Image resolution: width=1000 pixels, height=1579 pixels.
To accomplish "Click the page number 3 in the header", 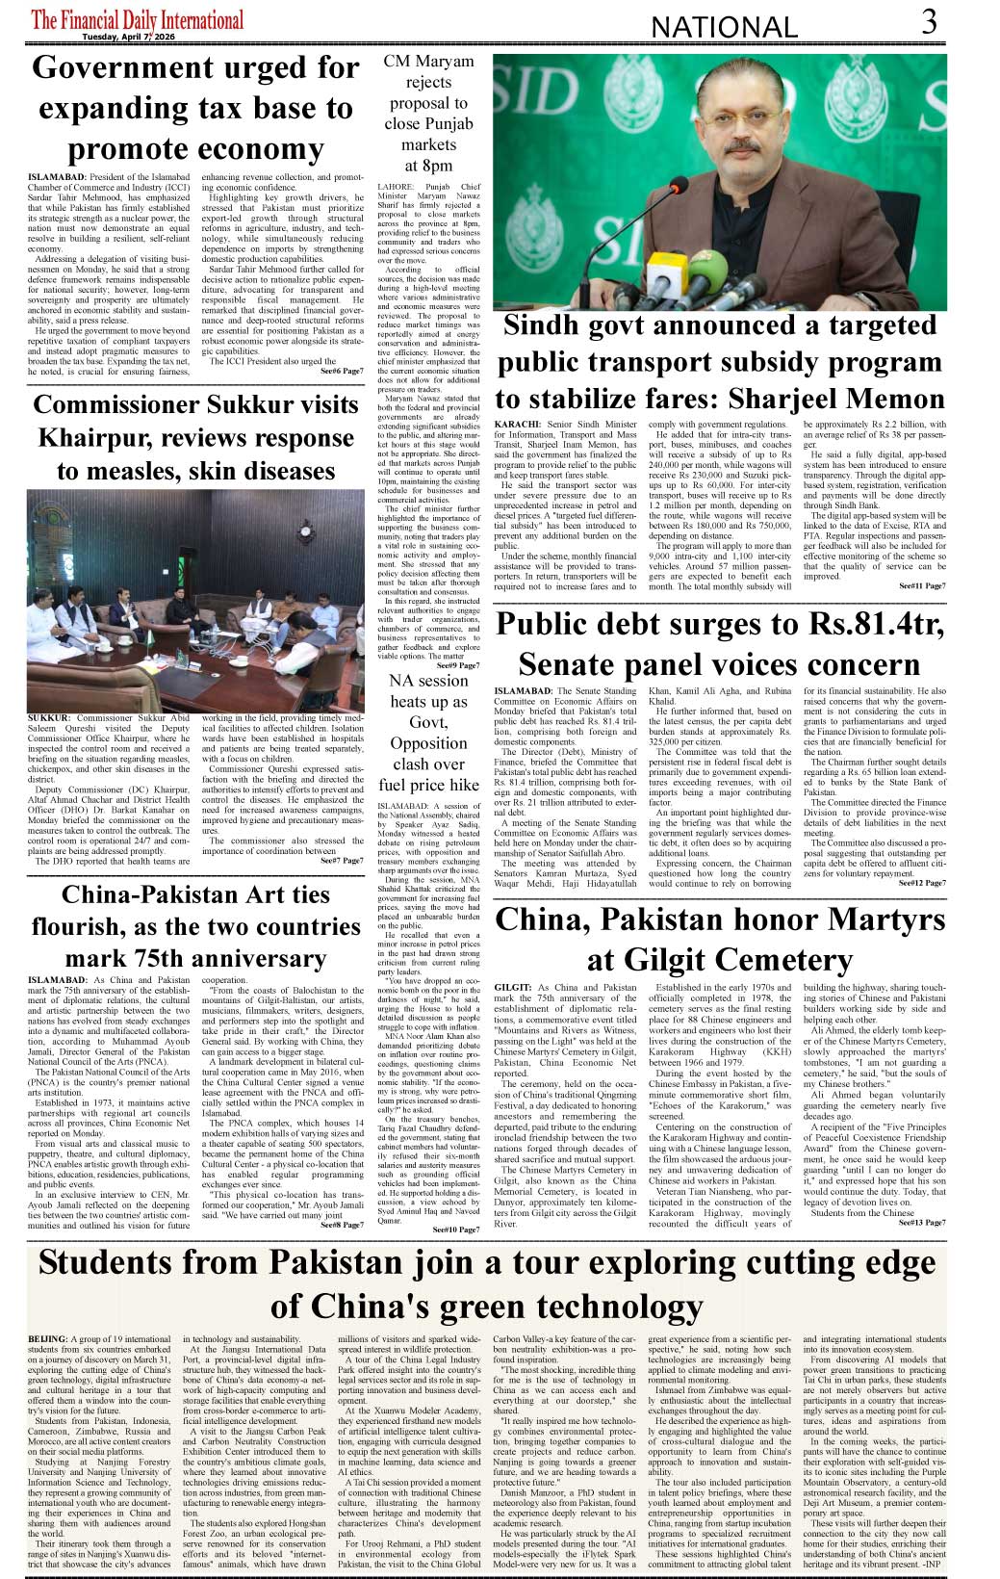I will (929, 21).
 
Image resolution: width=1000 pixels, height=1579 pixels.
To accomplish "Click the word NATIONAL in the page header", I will (725, 27).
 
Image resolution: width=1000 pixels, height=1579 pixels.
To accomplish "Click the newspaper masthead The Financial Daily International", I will (137, 19).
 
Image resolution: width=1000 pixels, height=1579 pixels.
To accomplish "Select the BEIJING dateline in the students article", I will (48, 1339).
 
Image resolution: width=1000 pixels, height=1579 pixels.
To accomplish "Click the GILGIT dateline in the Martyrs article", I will (512, 988).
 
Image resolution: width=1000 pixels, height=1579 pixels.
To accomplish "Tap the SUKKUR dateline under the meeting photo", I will (49, 718).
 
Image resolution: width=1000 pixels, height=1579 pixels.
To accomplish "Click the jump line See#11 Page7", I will (922, 585).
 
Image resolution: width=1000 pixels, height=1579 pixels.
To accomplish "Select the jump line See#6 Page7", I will (342, 371).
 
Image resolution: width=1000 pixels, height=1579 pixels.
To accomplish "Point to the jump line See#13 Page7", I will (922, 1223).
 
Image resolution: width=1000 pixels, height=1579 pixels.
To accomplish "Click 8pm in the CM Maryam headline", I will (428, 166).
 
